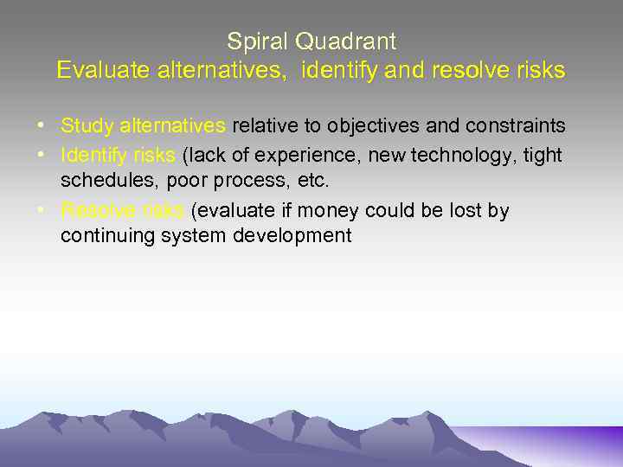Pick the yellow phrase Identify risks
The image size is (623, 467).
118,156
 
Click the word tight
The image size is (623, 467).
543,156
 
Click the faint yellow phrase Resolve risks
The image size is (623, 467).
122,211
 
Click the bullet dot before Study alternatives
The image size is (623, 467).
41,126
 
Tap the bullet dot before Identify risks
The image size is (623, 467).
41,156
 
